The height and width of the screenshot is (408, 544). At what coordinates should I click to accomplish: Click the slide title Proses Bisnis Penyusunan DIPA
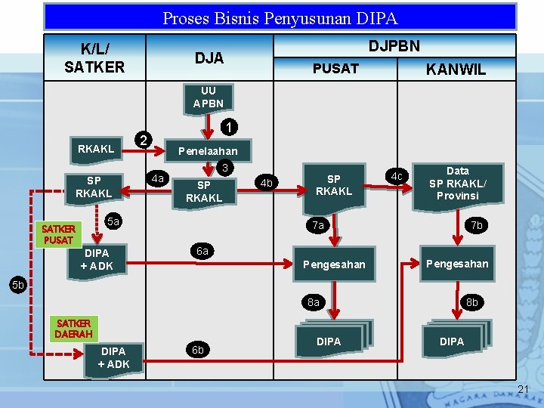tap(280, 17)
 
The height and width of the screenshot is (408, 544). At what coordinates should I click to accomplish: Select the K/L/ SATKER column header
tap(94, 57)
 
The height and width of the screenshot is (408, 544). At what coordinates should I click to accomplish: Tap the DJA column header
tap(209, 57)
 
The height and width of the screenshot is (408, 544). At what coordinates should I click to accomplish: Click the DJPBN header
tap(394, 45)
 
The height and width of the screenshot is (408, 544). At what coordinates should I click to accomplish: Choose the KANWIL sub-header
tap(456, 70)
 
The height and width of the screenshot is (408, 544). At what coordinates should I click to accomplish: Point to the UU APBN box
tap(208, 97)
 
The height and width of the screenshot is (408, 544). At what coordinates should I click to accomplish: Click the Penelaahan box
tap(208, 151)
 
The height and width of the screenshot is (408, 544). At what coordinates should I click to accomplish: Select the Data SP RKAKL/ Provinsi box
tap(458, 183)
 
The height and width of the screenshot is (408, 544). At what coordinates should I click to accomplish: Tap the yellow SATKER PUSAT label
tap(58, 234)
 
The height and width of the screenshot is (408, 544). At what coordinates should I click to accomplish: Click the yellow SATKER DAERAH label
tap(74, 328)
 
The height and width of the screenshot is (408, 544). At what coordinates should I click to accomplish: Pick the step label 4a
tap(157, 179)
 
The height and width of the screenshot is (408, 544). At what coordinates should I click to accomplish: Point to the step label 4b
tap(266, 183)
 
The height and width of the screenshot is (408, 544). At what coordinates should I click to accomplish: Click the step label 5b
tap(17, 285)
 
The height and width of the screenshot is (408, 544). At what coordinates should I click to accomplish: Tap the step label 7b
tap(476, 225)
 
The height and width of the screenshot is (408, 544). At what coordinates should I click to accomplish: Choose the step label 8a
tap(314, 302)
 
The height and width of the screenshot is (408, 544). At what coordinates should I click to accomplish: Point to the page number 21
tap(524, 389)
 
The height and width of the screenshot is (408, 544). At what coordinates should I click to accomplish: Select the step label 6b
tap(198, 350)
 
